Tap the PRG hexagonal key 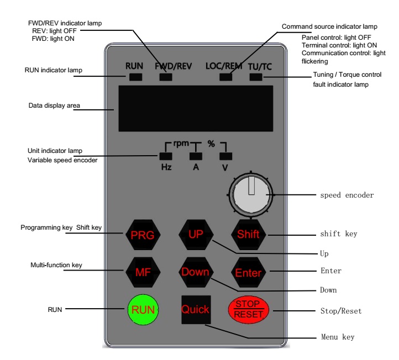pos(138,234)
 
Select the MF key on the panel pos(138,272)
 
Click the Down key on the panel pos(195,272)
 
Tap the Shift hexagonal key pos(248,234)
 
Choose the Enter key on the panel pos(248,272)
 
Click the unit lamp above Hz pos(166,155)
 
